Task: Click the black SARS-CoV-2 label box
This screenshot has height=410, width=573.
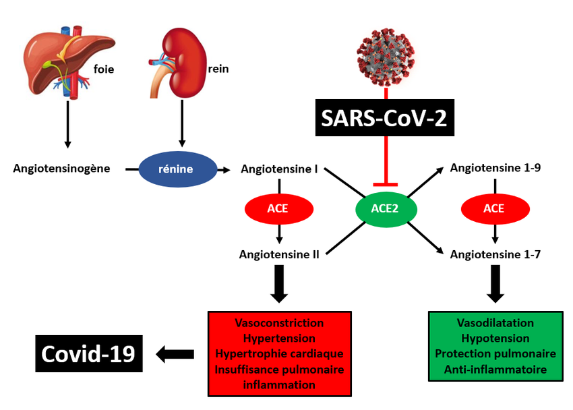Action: (385, 119)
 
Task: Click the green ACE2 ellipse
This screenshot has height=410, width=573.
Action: (385, 208)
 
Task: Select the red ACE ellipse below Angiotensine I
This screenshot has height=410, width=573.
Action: (278, 208)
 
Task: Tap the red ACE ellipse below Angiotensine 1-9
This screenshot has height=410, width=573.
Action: (494, 208)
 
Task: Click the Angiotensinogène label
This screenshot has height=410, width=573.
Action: (61, 168)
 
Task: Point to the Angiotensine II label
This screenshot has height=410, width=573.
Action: (279, 254)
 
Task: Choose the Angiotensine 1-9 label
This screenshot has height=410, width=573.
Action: (495, 168)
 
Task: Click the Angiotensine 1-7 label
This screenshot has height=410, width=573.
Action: (495, 254)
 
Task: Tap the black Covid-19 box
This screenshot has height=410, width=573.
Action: (88, 353)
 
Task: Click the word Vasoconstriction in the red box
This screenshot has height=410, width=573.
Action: (279, 324)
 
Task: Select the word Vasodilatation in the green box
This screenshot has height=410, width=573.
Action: (495, 324)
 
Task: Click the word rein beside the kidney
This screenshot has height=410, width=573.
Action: (218, 68)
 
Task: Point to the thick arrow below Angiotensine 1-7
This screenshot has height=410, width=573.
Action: (495, 283)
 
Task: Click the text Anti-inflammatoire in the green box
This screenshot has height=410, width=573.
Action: (495, 369)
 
